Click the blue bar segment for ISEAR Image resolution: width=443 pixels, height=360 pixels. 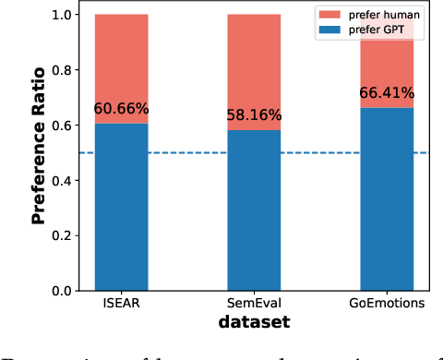pyautogui.click(x=122, y=207)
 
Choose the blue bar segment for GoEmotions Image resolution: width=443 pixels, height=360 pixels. pyautogui.click(x=388, y=199)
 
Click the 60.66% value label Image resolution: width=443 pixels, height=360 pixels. pyautogui.click(x=122, y=109)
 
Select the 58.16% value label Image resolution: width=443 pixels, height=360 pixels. pyautogui.click(x=255, y=116)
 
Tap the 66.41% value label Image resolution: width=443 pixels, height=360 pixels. pyautogui.click(x=388, y=93)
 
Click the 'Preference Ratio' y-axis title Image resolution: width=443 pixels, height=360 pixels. pyautogui.click(x=39, y=152)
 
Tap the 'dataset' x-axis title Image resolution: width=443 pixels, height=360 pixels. pyautogui.click(x=255, y=323)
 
